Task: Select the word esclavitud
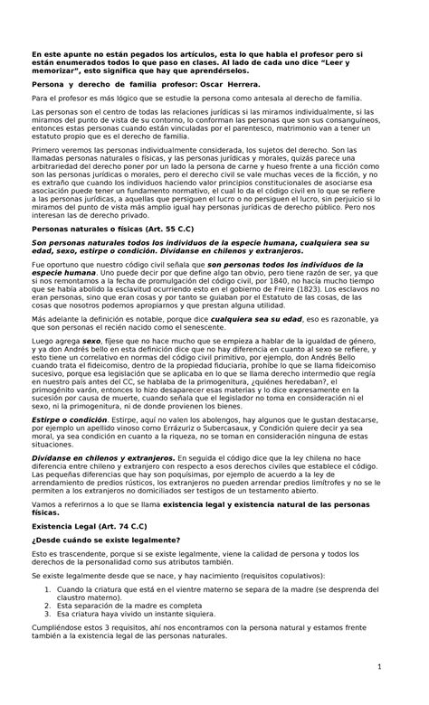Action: tap(155, 290)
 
